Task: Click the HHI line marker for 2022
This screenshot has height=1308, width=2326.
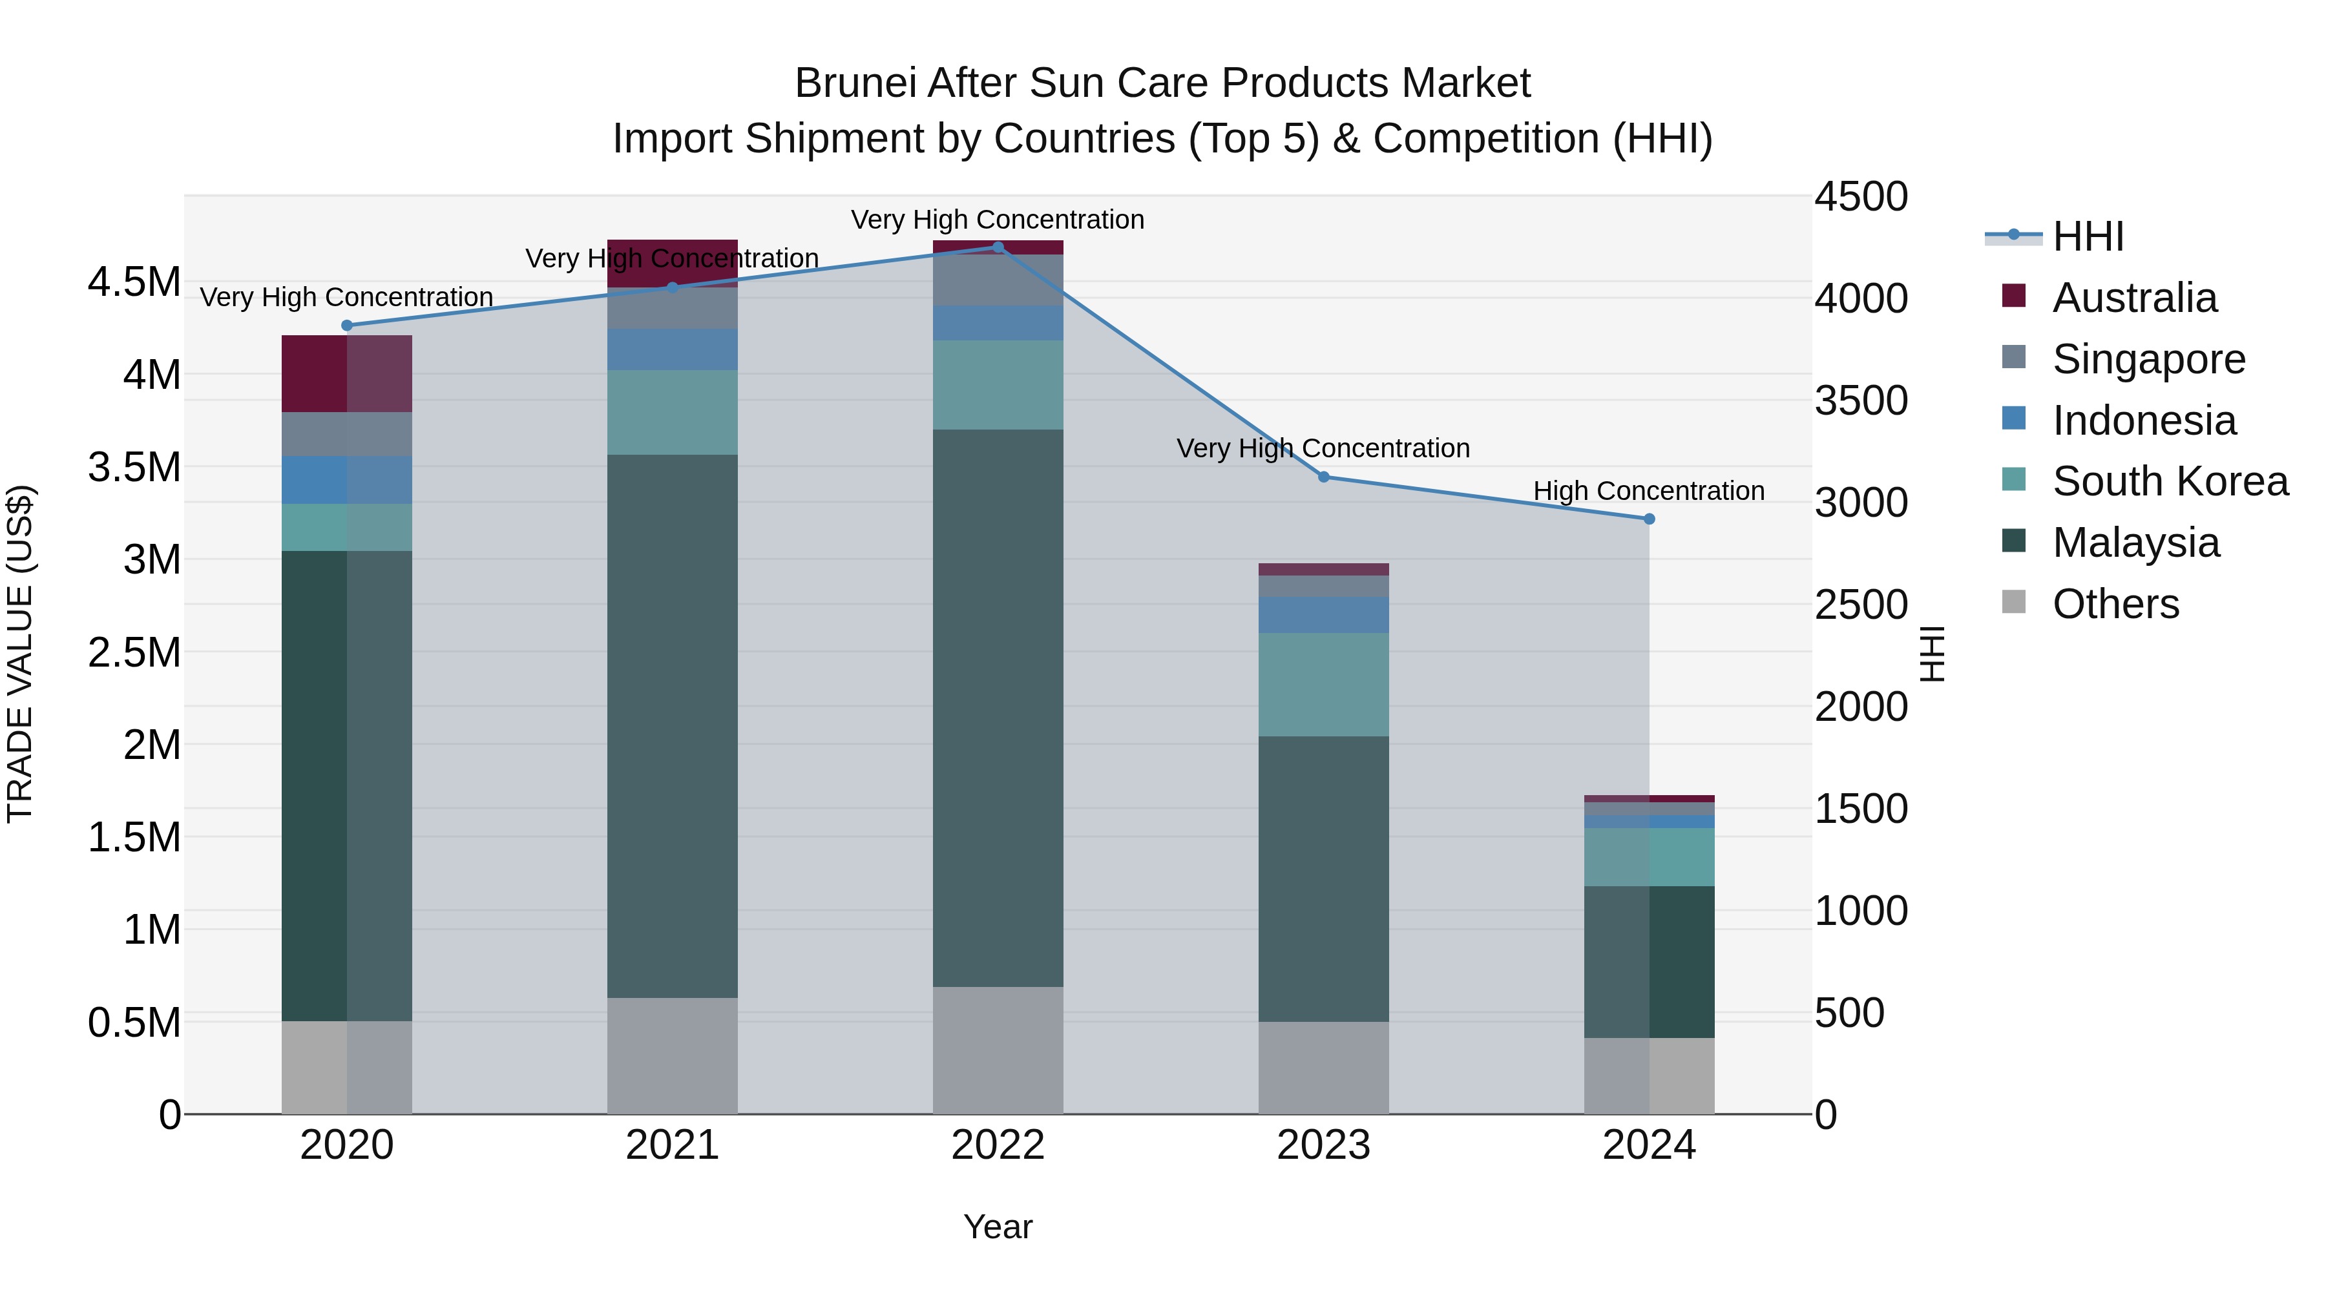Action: (998, 247)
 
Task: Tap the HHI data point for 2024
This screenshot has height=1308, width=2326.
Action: (1649, 519)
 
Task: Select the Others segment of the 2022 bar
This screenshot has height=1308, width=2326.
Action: (998, 1050)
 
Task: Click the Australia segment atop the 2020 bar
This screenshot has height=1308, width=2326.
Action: (347, 374)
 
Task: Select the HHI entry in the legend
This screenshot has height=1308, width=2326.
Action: (2088, 236)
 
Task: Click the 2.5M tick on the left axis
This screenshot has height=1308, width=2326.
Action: (134, 652)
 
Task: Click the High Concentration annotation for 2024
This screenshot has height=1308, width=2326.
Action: (1649, 491)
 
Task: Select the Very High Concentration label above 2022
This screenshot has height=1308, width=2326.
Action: (998, 220)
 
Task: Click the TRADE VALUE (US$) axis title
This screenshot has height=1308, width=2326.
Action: (20, 654)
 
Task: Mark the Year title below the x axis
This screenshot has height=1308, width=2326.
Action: (998, 1227)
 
